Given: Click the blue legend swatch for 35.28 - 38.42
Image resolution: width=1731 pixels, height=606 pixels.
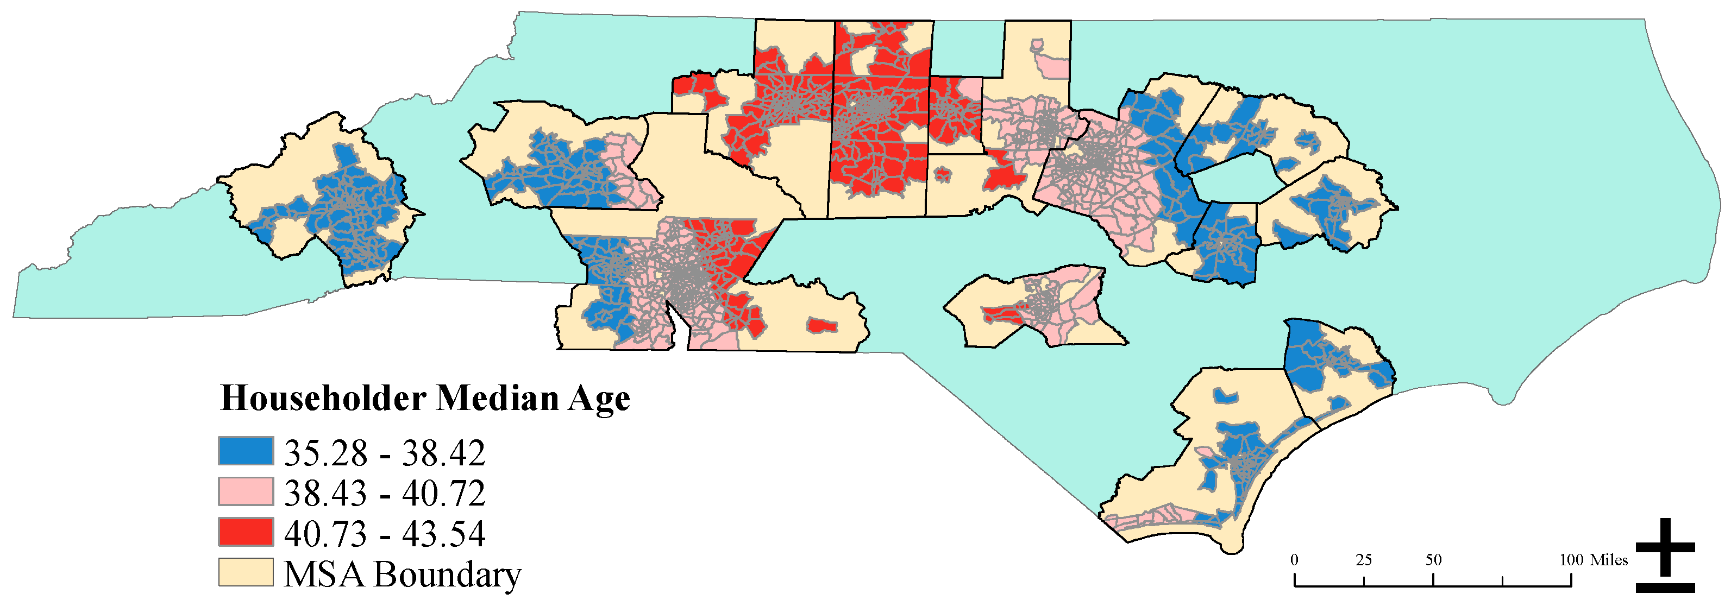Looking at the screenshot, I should tap(245, 451).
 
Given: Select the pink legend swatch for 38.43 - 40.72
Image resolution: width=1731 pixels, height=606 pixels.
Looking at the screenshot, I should tap(245, 491).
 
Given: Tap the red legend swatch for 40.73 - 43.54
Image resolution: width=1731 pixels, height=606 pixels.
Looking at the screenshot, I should tap(245, 532).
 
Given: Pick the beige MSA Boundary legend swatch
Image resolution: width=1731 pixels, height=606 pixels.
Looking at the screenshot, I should tap(245, 572).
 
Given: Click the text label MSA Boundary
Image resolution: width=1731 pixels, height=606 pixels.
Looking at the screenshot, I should tap(402, 575).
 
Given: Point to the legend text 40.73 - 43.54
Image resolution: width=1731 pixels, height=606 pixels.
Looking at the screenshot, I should tap(384, 534).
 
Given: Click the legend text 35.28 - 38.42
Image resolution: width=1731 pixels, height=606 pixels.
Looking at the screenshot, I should tap(384, 453).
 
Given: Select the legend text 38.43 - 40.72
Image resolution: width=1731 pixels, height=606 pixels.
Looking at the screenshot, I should tap(384, 494).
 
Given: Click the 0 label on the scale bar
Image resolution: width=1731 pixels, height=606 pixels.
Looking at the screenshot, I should tap(1294, 560).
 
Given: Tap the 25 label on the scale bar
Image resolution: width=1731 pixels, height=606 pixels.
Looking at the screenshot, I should tap(1363, 560).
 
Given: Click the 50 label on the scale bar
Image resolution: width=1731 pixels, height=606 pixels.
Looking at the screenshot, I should tap(1433, 560).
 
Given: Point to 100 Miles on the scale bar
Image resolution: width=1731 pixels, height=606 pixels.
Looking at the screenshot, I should tap(1593, 560).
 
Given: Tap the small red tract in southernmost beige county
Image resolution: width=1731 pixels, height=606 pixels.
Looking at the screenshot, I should tap(822, 326).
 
